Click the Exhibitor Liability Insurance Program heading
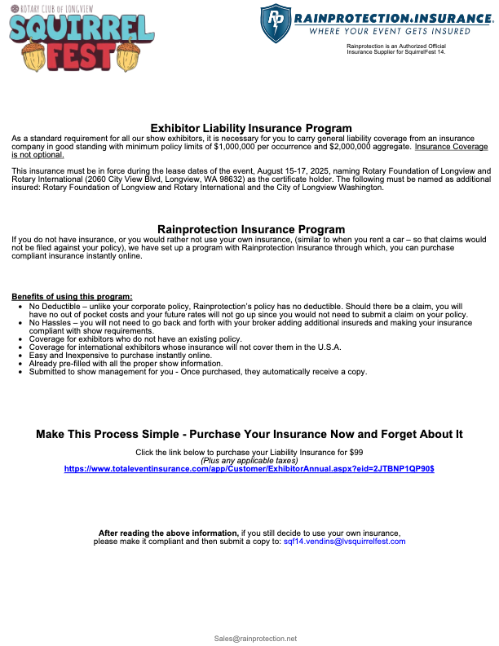click(x=251, y=128)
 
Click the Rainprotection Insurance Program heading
click(x=251, y=229)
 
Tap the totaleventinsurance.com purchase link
click(x=249, y=469)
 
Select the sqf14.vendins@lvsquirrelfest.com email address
click(x=343, y=541)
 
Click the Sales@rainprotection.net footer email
click(x=255, y=638)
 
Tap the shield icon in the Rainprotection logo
click(x=276, y=23)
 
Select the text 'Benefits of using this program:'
click(x=72, y=296)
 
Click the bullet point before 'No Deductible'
click(x=20, y=304)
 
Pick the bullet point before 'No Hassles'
click(x=20, y=323)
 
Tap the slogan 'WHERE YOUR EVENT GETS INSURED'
click(x=390, y=31)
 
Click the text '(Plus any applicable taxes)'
click(x=249, y=461)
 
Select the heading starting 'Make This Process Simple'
click(x=249, y=434)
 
